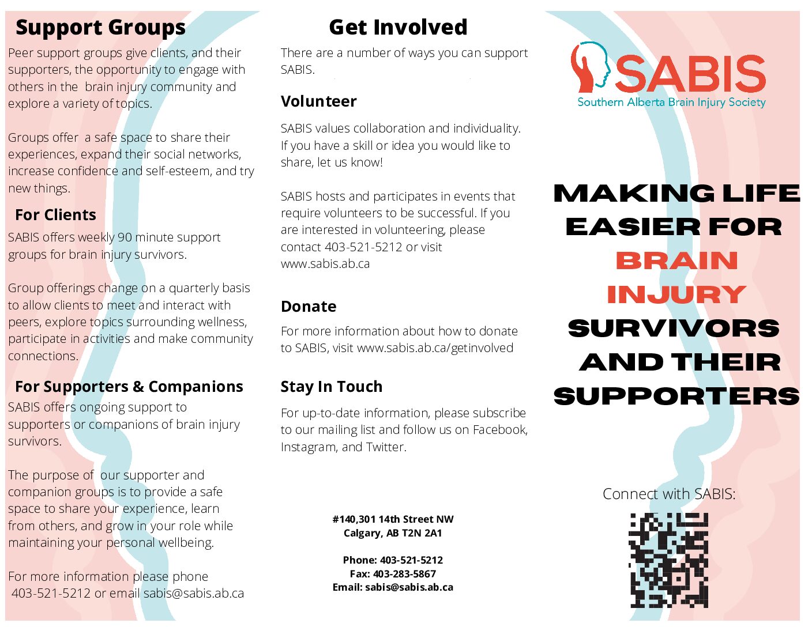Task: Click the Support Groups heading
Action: [x=100, y=28]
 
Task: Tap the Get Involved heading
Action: [x=398, y=27]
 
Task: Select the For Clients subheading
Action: [x=56, y=215]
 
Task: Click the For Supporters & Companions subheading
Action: [x=129, y=387]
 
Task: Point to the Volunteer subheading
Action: [x=319, y=101]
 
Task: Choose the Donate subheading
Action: [x=309, y=306]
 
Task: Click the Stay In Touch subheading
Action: [x=332, y=387]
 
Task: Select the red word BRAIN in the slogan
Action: [x=676, y=260]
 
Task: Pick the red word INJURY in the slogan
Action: [x=676, y=294]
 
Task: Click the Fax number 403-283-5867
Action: [x=404, y=573]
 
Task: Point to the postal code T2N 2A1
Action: [x=422, y=533]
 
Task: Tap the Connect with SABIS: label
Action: [x=669, y=494]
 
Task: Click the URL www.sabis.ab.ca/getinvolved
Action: [x=435, y=348]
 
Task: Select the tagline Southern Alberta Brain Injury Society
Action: [x=671, y=103]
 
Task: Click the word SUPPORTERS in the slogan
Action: [x=676, y=396]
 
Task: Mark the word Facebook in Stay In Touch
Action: [x=500, y=430]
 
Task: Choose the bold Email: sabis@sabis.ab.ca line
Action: [x=393, y=587]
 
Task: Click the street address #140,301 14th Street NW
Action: [x=393, y=519]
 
